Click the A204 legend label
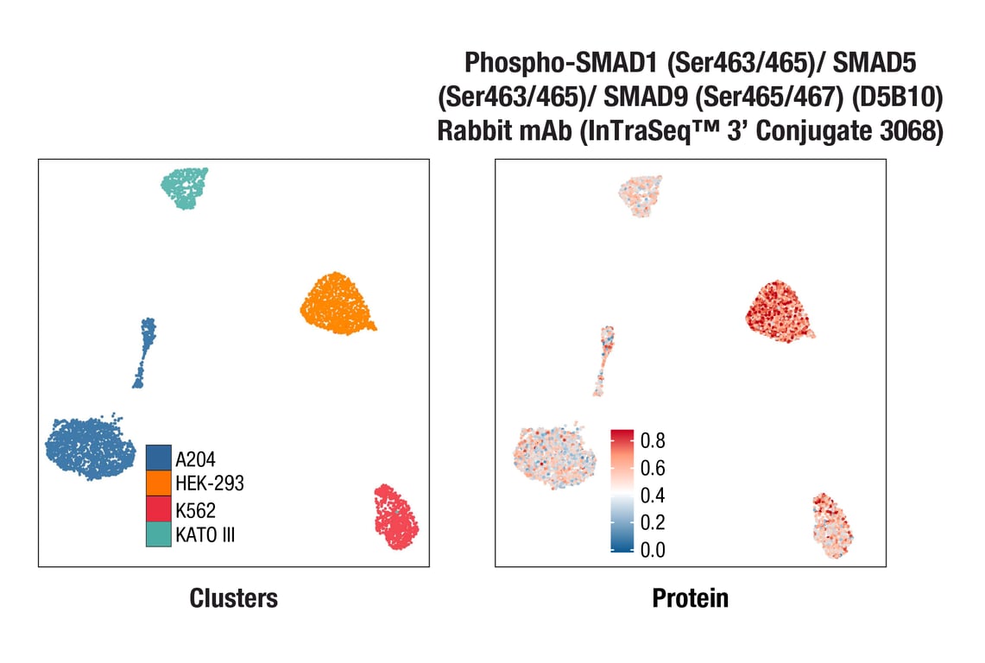195,458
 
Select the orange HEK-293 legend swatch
158,483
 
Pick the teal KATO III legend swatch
158,534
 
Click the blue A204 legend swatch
158,458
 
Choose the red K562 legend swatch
158,508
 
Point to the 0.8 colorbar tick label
653,441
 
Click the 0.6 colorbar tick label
653,469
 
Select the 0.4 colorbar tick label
653,496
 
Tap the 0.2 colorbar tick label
653,523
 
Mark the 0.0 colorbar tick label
653,550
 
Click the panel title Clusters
233,597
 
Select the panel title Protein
690,597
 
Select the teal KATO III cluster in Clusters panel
186,187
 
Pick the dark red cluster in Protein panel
780,311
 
